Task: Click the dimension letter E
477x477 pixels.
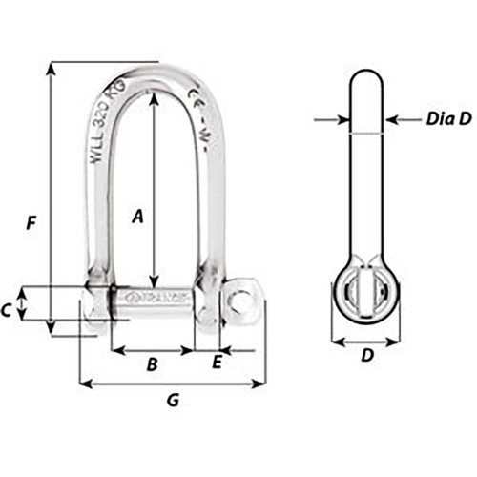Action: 217,362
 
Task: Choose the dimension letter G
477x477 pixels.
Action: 173,401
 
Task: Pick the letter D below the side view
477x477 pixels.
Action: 367,358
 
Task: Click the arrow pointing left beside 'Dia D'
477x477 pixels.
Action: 392,120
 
